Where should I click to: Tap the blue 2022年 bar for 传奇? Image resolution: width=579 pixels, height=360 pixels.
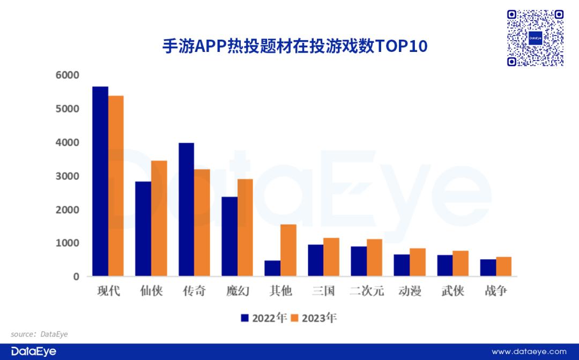tap(187, 209)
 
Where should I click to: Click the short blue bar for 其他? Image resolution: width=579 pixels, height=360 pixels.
tap(273, 268)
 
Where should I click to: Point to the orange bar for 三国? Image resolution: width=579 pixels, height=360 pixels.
tap(331, 257)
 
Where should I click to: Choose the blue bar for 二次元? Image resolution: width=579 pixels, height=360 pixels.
tap(359, 261)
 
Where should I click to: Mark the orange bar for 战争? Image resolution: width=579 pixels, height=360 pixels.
tap(504, 267)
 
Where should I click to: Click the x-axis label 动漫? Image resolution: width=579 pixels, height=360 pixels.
tap(410, 291)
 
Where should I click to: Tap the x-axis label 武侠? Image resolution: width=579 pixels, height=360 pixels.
tap(452, 291)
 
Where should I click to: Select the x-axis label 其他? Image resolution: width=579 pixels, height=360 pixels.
tap(280, 291)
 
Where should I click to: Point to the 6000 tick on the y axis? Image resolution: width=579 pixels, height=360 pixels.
tap(67, 76)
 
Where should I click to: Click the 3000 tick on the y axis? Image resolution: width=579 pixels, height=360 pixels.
tap(67, 176)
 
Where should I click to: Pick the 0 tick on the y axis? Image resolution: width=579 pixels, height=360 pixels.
tap(76, 277)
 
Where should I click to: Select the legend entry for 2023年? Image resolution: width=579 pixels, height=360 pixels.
tap(314, 318)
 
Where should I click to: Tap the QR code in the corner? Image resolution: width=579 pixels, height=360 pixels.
tap(535, 38)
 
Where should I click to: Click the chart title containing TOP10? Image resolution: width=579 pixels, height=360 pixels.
tap(295, 46)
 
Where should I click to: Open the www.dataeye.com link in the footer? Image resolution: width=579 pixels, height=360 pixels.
tap(529, 351)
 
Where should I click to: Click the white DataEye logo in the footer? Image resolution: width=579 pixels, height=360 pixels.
tap(34, 351)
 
